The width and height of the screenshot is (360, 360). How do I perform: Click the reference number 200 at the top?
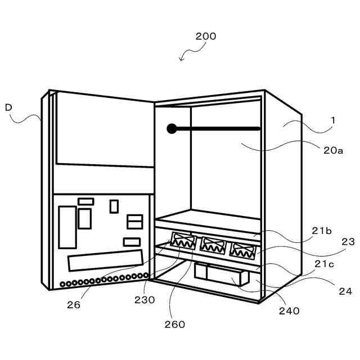206,37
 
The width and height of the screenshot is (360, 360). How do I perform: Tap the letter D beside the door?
8,107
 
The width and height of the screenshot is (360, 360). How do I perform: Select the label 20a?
333,150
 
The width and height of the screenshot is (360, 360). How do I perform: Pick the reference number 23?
348,242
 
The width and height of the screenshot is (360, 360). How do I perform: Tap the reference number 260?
175,323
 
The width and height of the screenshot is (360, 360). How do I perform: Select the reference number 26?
74,305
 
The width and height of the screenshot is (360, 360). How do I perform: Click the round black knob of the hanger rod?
172,129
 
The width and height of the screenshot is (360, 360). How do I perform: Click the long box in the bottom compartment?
221,274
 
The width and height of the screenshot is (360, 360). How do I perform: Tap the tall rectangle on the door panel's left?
67,227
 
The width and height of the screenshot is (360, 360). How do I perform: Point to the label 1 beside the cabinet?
333,120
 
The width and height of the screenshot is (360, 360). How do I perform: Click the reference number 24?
345,291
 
